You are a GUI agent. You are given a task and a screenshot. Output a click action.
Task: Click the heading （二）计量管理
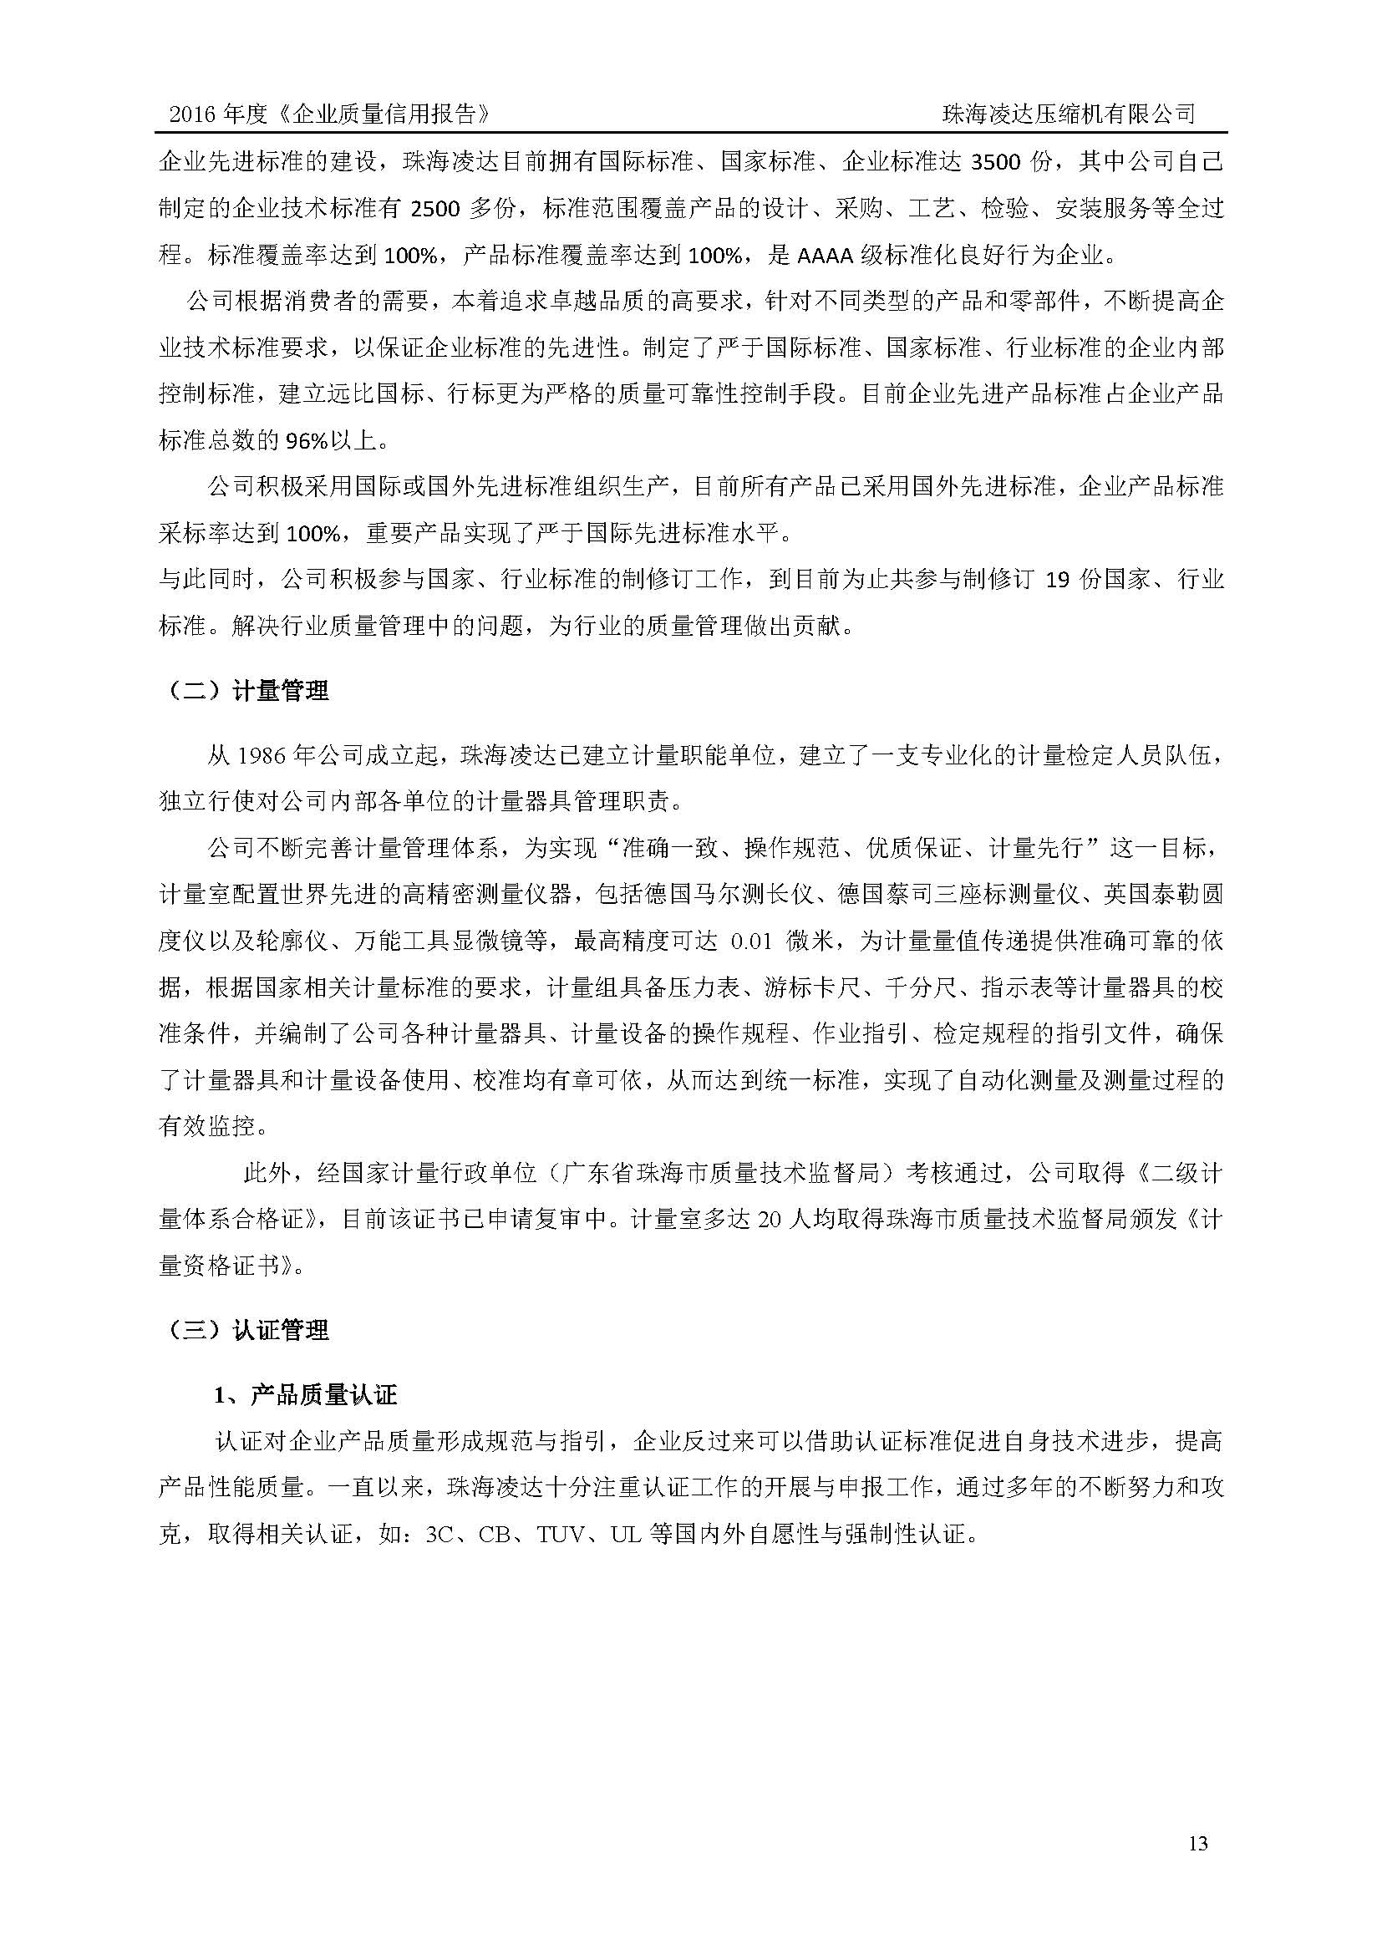coord(244,691)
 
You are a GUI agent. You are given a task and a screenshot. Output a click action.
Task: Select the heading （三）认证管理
coord(244,1330)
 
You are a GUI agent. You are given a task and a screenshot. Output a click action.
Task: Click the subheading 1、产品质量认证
coord(306,1395)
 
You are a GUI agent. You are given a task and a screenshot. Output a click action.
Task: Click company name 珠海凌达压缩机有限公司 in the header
coord(1069,115)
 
